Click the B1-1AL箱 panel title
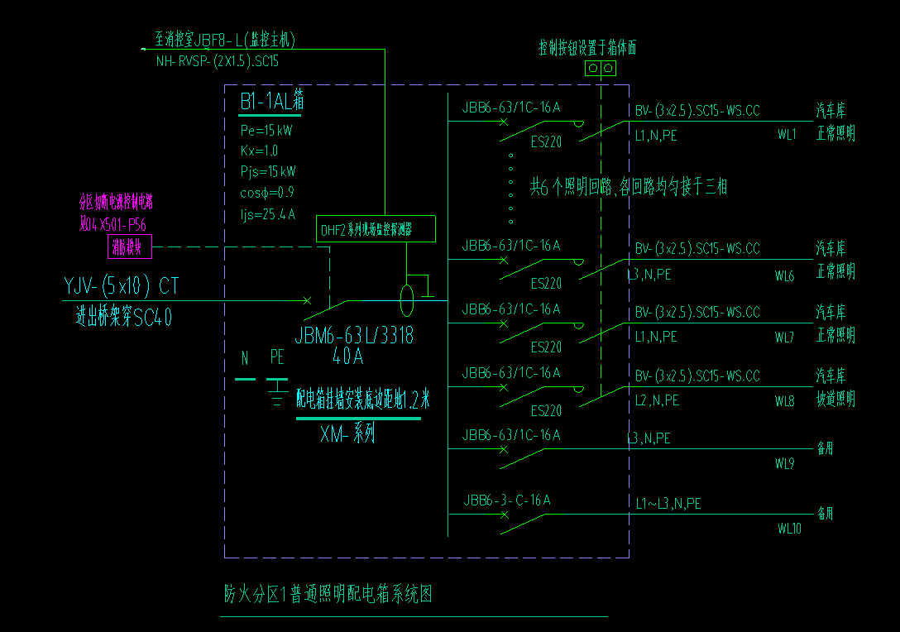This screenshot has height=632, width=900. pyautogui.click(x=272, y=102)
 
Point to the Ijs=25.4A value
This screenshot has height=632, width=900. pyautogui.click(x=266, y=215)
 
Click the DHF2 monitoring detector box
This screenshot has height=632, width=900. pyautogui.click(x=376, y=229)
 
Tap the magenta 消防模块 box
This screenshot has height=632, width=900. pyautogui.click(x=127, y=246)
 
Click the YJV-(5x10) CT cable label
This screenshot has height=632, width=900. pyautogui.click(x=121, y=287)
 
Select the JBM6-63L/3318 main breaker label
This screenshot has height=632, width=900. pyautogui.click(x=354, y=337)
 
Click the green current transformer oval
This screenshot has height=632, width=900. pyautogui.click(x=407, y=300)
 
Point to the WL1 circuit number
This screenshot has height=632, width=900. pyautogui.click(x=786, y=134)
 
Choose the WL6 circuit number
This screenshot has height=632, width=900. pyautogui.click(x=784, y=276)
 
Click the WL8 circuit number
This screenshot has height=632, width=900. pyautogui.click(x=784, y=401)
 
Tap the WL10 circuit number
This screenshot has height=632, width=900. pyautogui.click(x=788, y=528)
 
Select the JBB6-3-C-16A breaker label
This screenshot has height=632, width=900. pyautogui.click(x=506, y=500)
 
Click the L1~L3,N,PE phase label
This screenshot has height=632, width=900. pyautogui.click(x=668, y=503)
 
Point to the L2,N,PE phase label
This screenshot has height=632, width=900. pyautogui.click(x=657, y=400)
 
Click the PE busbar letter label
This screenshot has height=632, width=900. pyautogui.click(x=277, y=358)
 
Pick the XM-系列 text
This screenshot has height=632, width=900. pyautogui.click(x=347, y=433)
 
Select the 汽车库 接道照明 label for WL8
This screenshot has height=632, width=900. pyautogui.click(x=835, y=389)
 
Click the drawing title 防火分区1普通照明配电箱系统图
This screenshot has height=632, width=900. pyautogui.click(x=328, y=594)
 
